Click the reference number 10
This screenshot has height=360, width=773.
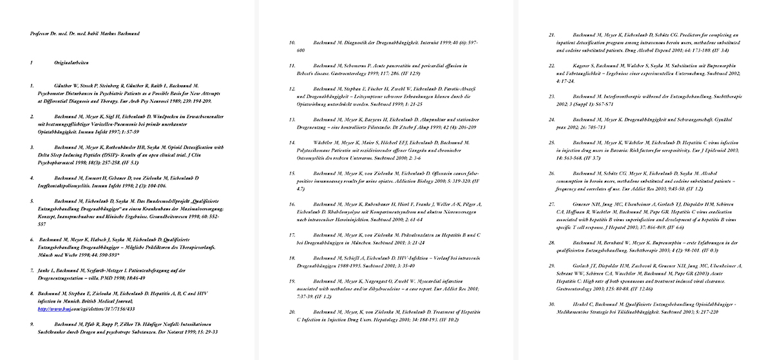(x=291, y=43)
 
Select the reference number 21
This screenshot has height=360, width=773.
(x=551, y=34)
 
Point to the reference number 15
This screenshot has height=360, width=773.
(x=291, y=174)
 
